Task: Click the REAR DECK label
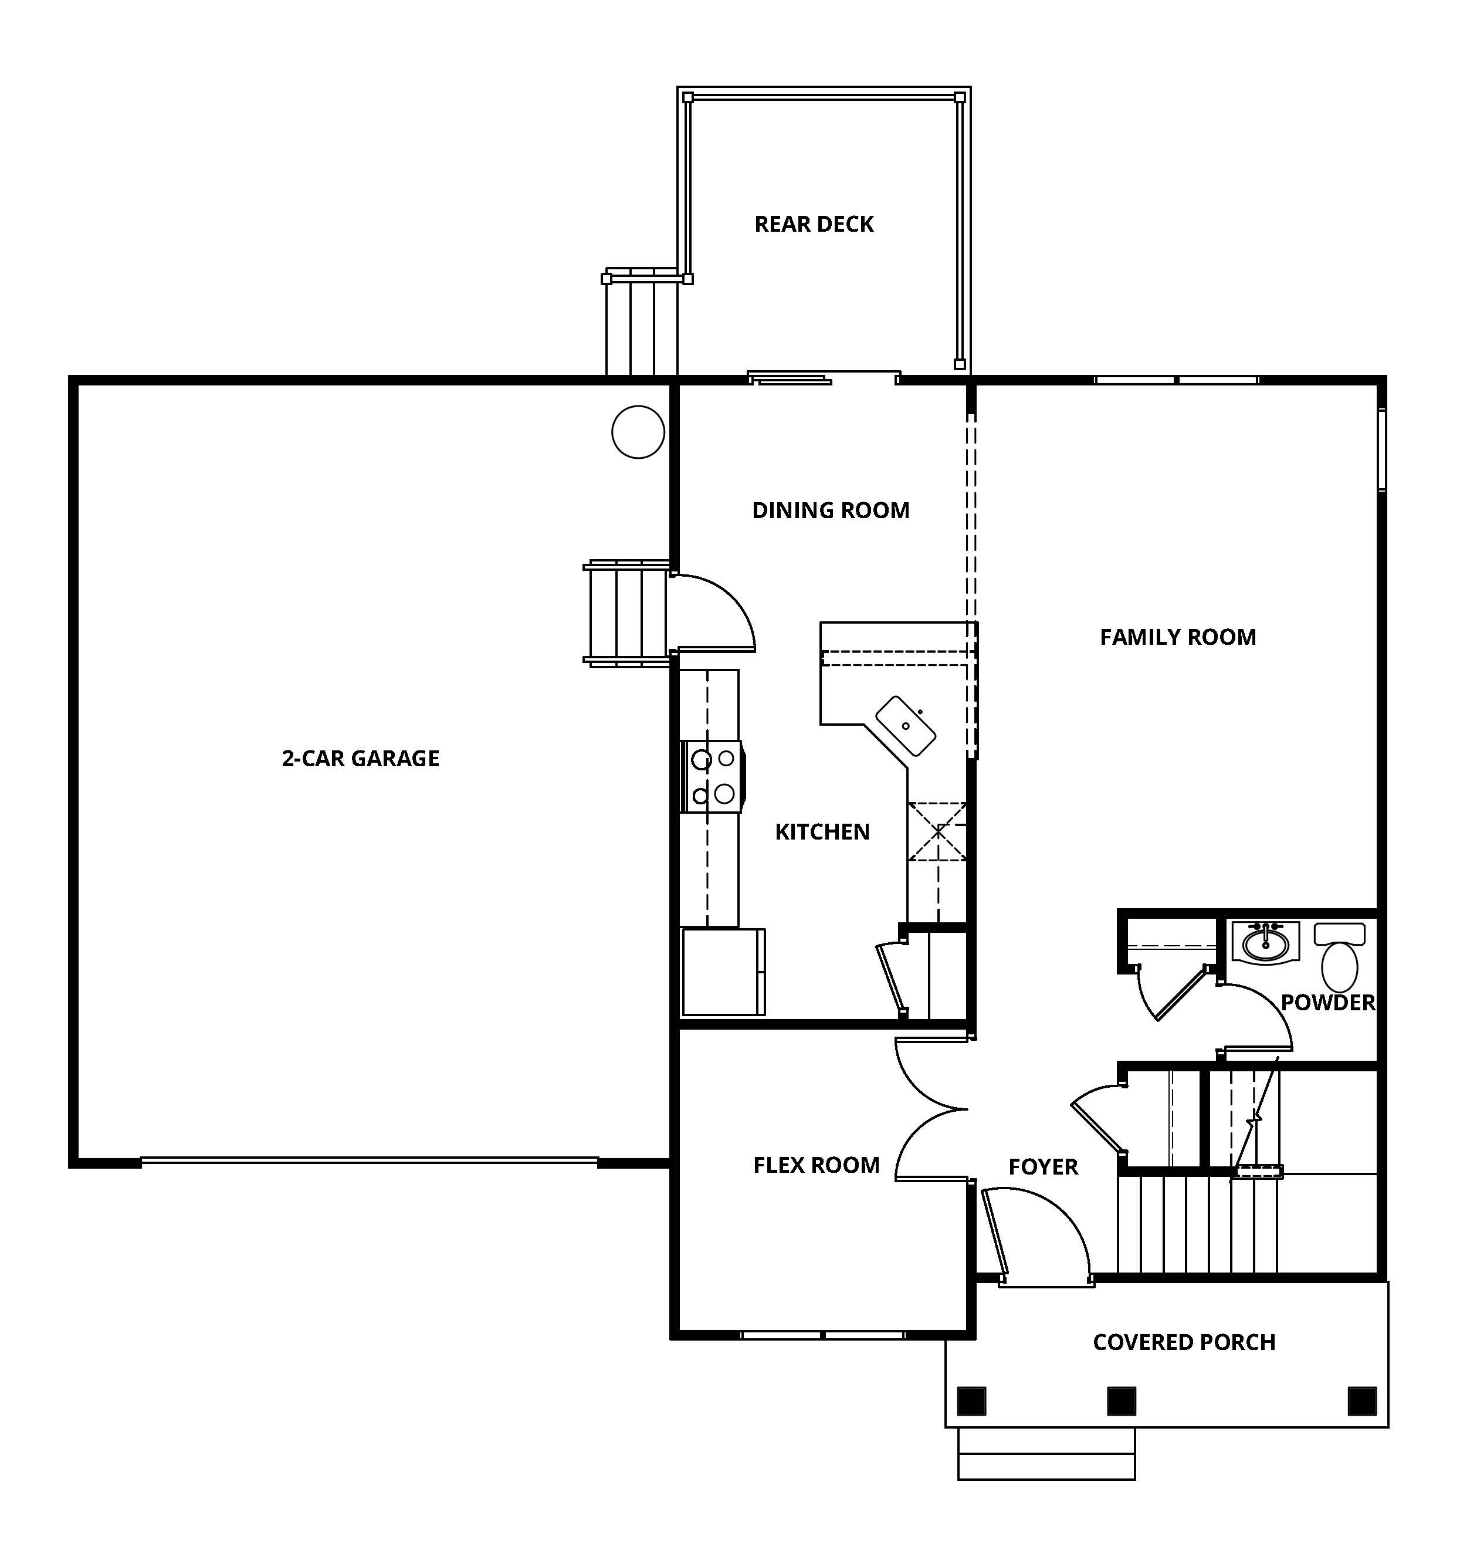814,224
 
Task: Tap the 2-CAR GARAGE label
360,758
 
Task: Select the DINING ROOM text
830,510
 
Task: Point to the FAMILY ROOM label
1177,637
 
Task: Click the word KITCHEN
822,832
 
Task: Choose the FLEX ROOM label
816,1165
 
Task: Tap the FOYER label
1042,1167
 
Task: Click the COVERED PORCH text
1184,1342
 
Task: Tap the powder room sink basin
1265,942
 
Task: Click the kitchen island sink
906,726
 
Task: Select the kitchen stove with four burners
712,776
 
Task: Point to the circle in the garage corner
638,432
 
